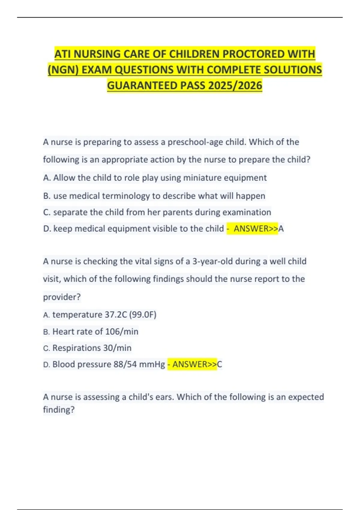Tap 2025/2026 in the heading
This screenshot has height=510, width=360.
coord(235,85)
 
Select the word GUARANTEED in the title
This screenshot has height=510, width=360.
coord(142,85)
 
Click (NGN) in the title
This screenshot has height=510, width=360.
coord(63,70)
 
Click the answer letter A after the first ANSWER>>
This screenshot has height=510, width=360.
coord(281,229)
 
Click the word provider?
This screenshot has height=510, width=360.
coord(62,297)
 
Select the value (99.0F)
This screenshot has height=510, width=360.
coord(143,315)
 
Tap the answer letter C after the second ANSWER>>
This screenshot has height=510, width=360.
coord(220,364)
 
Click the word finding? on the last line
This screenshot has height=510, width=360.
coord(59,410)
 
